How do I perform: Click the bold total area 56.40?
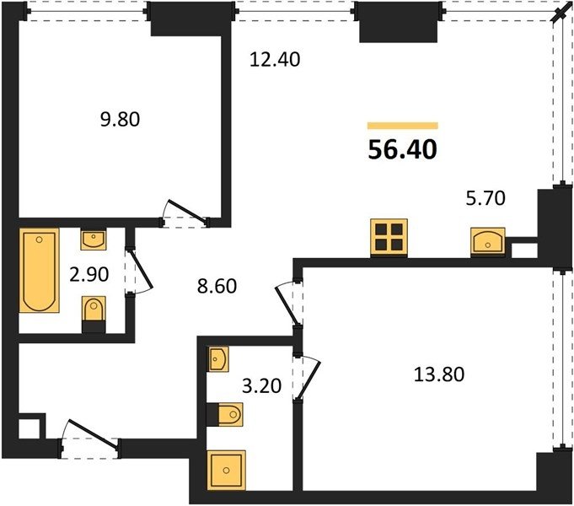[x=402, y=150]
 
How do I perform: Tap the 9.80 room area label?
[x=120, y=120]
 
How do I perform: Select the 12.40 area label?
[x=275, y=59]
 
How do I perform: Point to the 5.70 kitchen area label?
[x=485, y=198]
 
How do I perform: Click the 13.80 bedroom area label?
[x=439, y=374]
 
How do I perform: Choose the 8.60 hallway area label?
[x=217, y=286]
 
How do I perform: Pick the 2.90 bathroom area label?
[x=89, y=274]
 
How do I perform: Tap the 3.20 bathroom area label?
[x=262, y=385]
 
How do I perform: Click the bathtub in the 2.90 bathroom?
[x=39, y=271]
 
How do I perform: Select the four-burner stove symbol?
[x=389, y=237]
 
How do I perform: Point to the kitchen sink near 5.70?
[x=488, y=240]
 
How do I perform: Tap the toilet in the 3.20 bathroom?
[x=224, y=414]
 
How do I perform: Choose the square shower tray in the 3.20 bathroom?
[x=226, y=470]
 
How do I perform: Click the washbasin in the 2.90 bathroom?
[x=94, y=240]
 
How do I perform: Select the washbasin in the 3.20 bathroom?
[x=218, y=359]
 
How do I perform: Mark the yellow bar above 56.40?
[x=403, y=126]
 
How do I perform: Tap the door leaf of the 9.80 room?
[x=187, y=212]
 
